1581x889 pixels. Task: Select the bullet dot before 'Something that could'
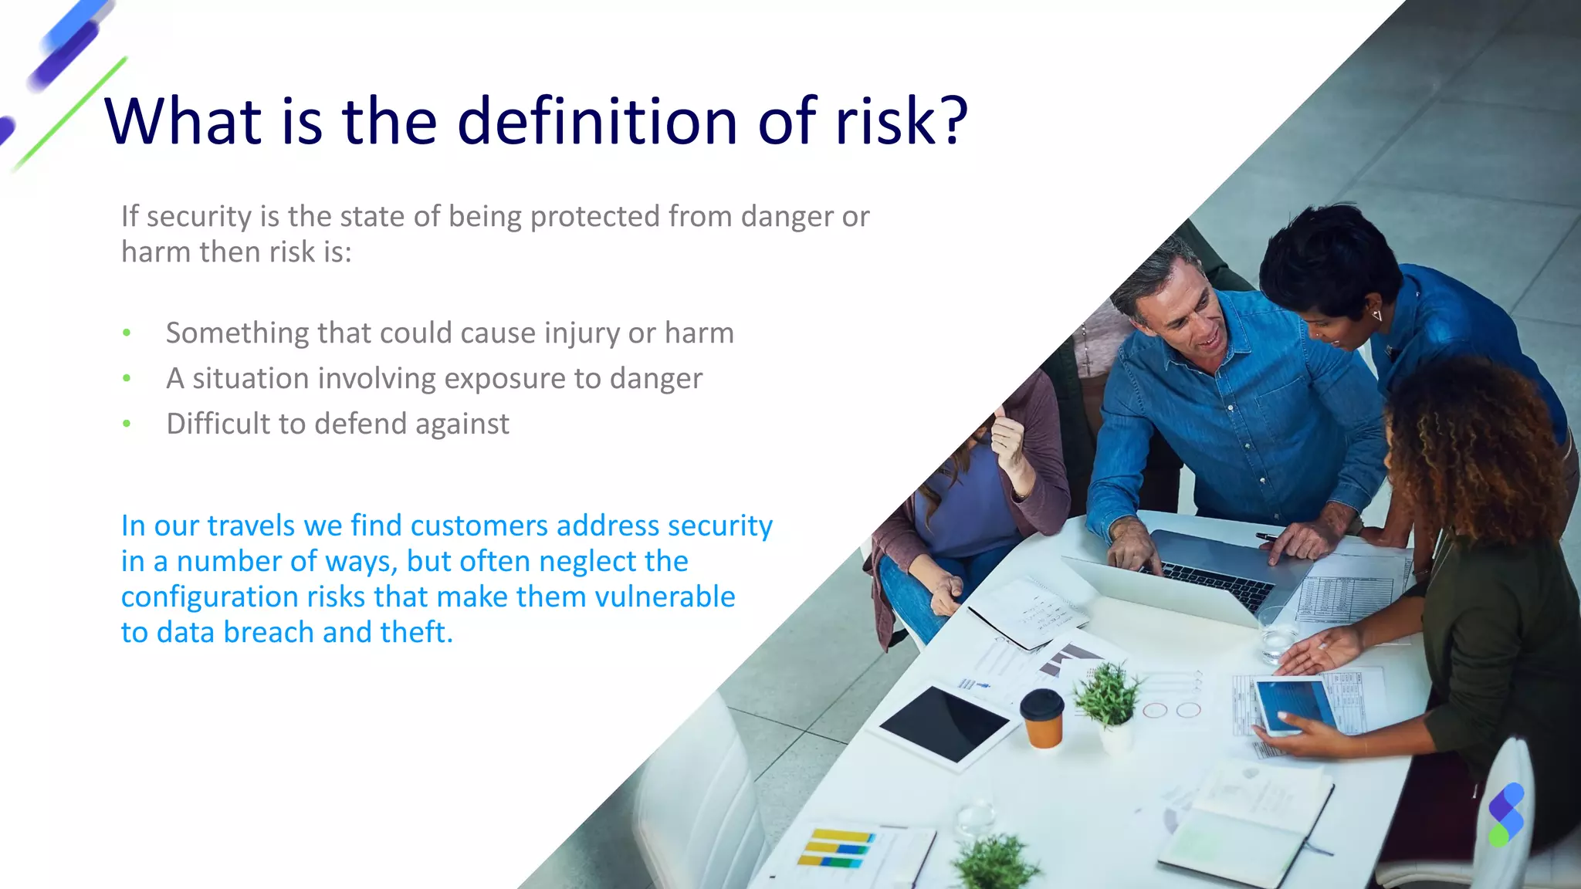click(127, 333)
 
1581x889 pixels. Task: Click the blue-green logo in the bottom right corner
click(1505, 815)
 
